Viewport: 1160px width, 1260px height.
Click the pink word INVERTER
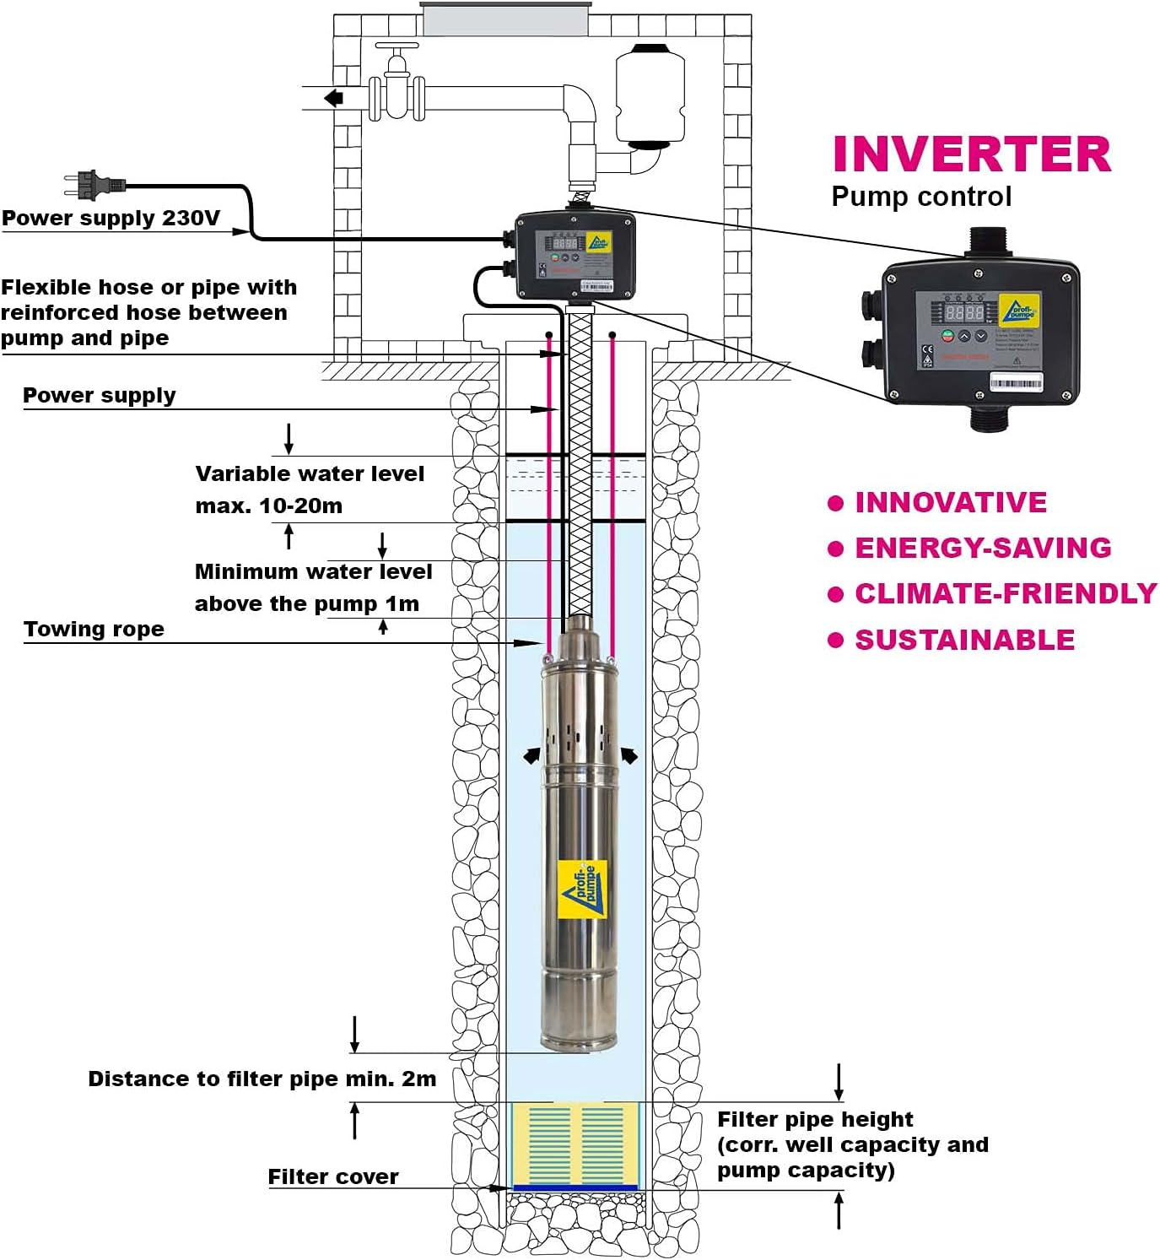(971, 154)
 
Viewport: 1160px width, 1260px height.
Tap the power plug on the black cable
(94, 183)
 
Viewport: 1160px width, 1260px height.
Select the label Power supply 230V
(111, 219)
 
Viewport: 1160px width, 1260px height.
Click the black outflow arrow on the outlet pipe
(334, 98)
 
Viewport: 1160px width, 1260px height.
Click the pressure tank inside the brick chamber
(649, 95)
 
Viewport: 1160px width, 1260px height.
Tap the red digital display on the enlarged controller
(964, 312)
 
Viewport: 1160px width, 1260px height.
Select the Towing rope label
(94, 630)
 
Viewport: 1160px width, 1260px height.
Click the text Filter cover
(332, 1177)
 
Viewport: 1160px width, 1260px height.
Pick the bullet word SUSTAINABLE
(964, 640)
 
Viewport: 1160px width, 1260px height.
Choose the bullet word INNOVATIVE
(951, 503)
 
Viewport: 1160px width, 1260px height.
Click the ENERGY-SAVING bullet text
(983, 549)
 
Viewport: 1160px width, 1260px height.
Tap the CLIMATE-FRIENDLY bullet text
(1006, 594)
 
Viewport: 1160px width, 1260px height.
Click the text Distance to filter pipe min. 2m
(262, 1079)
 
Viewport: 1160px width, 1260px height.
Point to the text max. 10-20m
(268, 506)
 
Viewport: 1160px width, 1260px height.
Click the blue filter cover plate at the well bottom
(576, 1187)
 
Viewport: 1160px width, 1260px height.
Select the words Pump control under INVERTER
(920, 197)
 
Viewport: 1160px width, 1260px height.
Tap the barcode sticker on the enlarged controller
(1016, 384)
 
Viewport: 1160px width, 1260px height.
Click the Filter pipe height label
(815, 1120)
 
